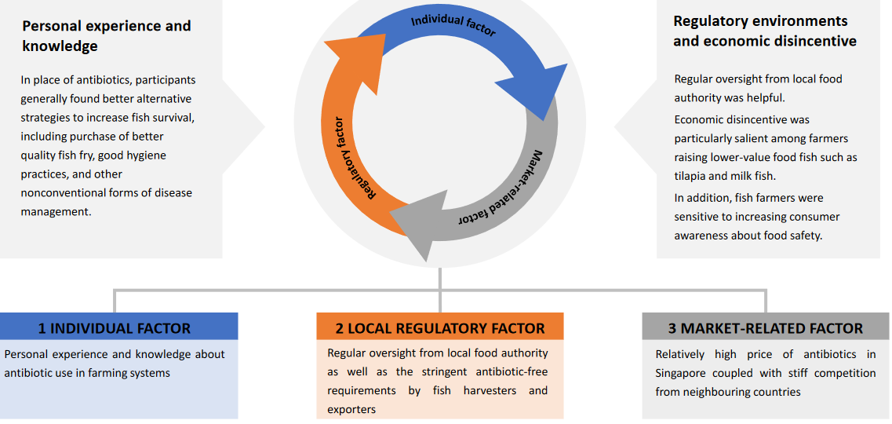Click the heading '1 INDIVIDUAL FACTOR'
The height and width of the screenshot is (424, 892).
(115, 328)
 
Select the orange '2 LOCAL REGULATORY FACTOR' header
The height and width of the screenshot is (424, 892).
(440, 328)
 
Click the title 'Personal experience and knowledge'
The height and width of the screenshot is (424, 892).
(106, 35)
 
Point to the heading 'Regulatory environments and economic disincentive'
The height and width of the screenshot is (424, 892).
(764, 31)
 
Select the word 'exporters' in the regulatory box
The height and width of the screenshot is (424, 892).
(351, 409)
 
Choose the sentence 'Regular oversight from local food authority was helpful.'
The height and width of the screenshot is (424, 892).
(758, 88)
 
